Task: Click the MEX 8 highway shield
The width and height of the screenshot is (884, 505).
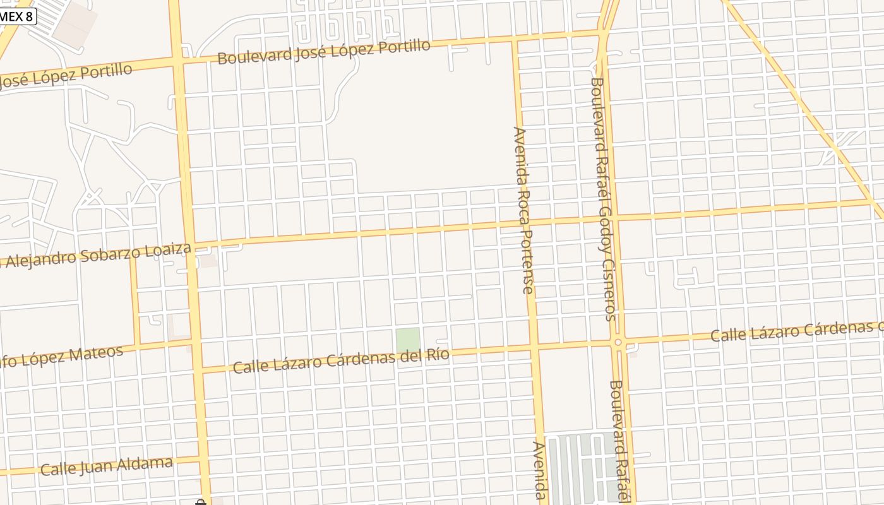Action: tap(16, 16)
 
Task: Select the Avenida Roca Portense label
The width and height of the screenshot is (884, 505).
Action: tap(524, 210)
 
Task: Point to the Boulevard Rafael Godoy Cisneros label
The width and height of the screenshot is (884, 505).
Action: tap(604, 199)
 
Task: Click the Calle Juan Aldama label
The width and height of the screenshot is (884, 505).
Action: tap(106, 467)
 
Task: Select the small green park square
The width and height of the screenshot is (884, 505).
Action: tap(408, 340)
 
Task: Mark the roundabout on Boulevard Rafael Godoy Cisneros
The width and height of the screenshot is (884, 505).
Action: tap(618, 342)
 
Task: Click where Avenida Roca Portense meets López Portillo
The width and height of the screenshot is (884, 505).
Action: tap(515, 39)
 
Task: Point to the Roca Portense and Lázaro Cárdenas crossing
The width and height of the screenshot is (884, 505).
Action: tap(534, 346)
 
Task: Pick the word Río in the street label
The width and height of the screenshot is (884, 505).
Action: tap(438, 355)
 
